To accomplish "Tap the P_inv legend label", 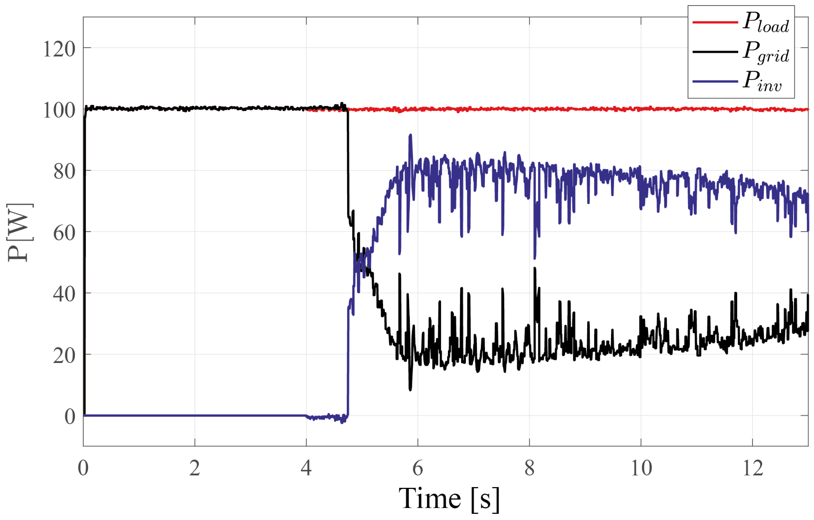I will tap(762, 82).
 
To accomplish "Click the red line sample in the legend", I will tap(715, 22).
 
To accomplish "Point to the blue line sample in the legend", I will tap(715, 82).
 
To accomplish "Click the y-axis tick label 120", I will tap(59, 49).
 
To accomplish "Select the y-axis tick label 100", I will tap(59, 110).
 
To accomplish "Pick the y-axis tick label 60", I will tap(64, 233).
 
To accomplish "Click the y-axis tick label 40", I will tap(64, 294).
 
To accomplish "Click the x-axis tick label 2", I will tap(195, 468).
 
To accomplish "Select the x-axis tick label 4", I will tap(306, 468).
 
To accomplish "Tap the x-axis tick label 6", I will tap(418, 468).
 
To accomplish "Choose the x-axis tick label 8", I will tap(529, 468).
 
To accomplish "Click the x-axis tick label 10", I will tap(641, 468).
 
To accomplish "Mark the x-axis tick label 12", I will tap(752, 468).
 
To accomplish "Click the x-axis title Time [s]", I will tap(449, 499).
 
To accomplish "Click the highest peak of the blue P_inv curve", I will tap(410, 135).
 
